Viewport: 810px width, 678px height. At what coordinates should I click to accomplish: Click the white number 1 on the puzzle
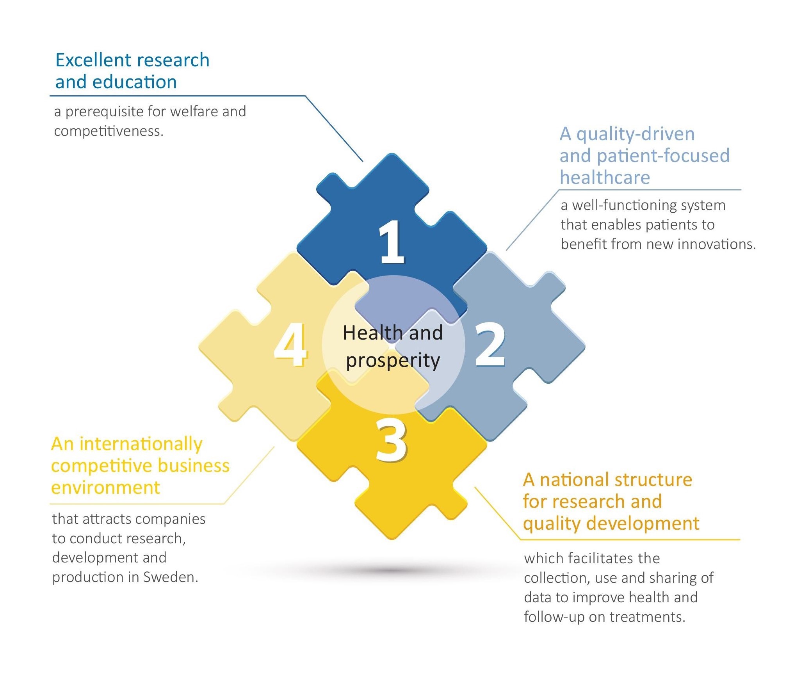(x=392, y=242)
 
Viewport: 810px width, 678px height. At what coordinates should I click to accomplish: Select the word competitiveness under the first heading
(x=109, y=131)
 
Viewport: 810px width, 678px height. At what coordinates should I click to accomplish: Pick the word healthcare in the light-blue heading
(x=605, y=178)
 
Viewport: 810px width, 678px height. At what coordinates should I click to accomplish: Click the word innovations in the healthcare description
(x=716, y=244)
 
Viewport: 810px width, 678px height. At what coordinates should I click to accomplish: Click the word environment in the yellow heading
(x=105, y=488)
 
